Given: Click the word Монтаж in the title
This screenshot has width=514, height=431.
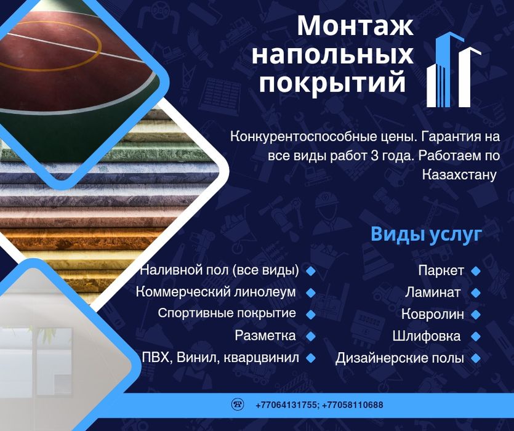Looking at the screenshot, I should pyautogui.click(x=355, y=26).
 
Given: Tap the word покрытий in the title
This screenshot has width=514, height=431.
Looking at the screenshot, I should pyautogui.click(x=332, y=82).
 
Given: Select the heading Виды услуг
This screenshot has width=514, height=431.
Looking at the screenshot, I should pyautogui.click(x=426, y=234).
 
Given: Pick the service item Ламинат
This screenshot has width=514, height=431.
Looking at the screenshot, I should pyautogui.click(x=433, y=292).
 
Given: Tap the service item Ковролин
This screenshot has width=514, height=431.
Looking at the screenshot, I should pyautogui.click(x=432, y=315).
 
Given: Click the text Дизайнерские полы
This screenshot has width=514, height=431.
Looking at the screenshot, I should pyautogui.click(x=400, y=358).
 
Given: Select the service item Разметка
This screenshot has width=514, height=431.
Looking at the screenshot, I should pyautogui.click(x=265, y=336).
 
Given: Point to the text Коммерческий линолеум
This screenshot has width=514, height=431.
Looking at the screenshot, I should pyautogui.click(x=215, y=292).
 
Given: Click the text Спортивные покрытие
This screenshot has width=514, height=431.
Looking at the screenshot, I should pyautogui.click(x=227, y=313).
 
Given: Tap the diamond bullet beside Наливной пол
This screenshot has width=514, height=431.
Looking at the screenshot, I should pyautogui.click(x=311, y=271).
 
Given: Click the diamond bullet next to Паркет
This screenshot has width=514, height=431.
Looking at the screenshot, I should pyautogui.click(x=475, y=271).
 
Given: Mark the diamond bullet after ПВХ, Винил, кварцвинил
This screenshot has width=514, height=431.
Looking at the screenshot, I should pyautogui.click(x=311, y=358).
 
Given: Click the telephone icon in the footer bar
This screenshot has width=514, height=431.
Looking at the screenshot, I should pyautogui.click(x=238, y=405).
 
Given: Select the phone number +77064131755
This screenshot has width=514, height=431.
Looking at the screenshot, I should pyautogui.click(x=286, y=405).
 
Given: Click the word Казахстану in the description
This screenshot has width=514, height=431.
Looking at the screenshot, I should pyautogui.click(x=459, y=175).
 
